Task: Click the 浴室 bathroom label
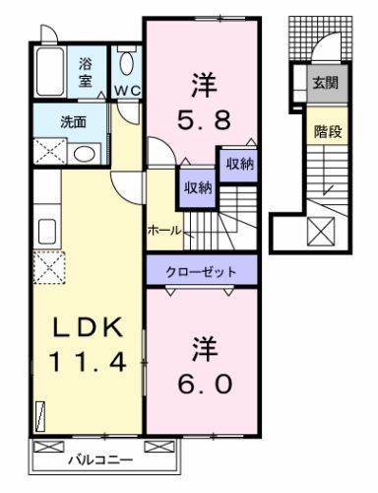(x=87, y=73)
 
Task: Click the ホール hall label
(x=162, y=230)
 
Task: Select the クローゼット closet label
(x=202, y=268)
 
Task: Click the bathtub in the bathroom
(x=51, y=68)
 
